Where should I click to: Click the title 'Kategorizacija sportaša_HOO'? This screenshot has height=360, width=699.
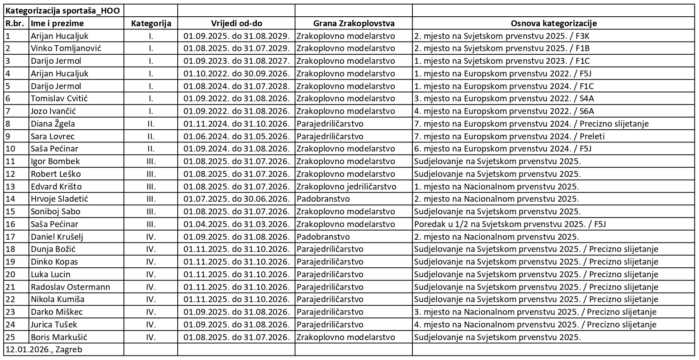click(62, 11)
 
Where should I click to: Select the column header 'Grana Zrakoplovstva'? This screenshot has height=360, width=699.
click(353, 24)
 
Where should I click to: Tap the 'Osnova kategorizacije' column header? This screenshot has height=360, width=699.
click(553, 24)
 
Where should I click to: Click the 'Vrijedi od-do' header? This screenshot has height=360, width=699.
click(236, 24)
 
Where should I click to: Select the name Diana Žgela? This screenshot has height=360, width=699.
click(53, 123)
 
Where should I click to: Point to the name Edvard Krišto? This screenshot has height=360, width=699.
click(56, 186)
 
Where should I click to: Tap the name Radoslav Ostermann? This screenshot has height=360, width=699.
click(71, 287)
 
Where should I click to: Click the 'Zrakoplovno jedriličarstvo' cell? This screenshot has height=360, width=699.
click(346, 186)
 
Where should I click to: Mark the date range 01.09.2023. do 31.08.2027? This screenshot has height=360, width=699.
click(236, 61)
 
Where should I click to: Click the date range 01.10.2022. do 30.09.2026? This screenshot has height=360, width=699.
click(236, 74)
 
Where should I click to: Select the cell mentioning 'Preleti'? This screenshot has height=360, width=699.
click(510, 136)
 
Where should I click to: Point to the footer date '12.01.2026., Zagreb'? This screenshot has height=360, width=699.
click(44, 350)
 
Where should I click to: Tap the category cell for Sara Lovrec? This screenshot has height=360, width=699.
click(151, 136)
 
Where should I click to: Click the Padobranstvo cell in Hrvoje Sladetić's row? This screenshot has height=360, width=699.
click(323, 199)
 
